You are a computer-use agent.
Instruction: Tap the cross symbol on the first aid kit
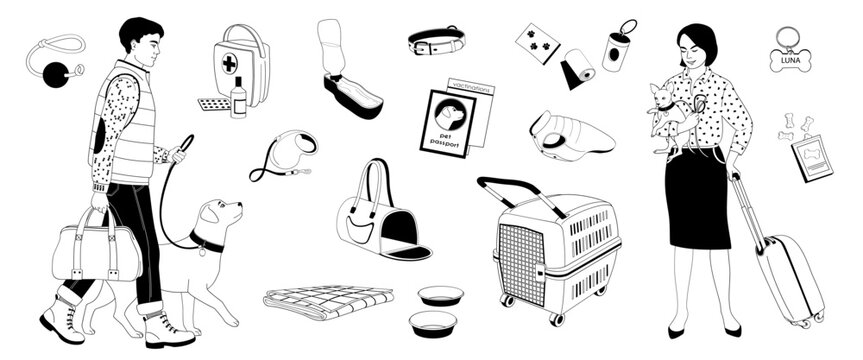229,62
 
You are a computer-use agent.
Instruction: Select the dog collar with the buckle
436,42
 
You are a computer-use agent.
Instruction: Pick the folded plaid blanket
327,300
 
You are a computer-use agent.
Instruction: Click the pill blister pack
213,105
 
